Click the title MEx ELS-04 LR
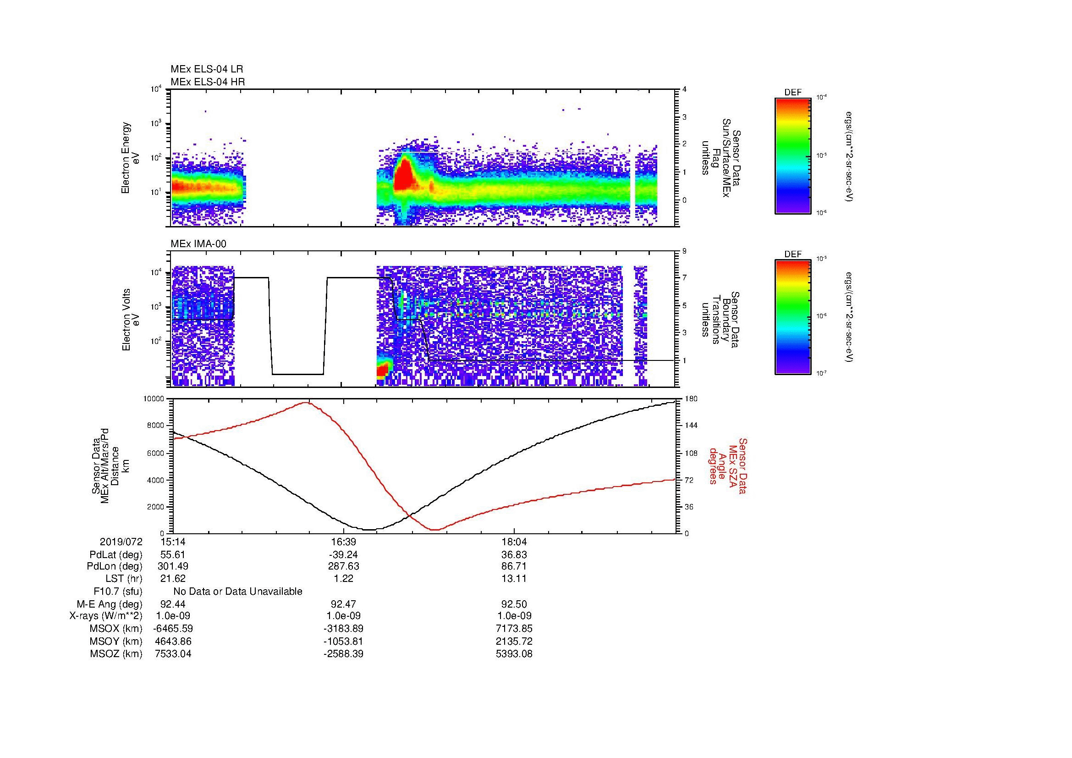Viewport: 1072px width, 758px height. coord(206,69)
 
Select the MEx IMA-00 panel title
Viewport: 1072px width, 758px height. coord(198,244)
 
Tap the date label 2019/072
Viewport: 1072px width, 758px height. coord(121,542)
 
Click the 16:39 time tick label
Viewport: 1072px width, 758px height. coord(343,542)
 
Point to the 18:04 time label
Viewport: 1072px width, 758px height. coord(514,542)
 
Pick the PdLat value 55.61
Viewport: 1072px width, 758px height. coord(173,555)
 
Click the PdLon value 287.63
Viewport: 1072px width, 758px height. coord(343,566)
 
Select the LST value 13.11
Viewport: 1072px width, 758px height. coord(514,579)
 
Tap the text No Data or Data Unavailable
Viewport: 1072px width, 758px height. coord(238,591)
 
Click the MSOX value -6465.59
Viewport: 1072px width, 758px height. coord(173,629)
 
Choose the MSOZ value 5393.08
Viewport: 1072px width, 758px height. coord(514,654)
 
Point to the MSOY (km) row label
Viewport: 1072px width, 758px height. coord(116,641)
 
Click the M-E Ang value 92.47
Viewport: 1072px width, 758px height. coord(343,604)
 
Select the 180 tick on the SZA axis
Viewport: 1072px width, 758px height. coord(691,399)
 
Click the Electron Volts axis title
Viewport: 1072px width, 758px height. coord(126,320)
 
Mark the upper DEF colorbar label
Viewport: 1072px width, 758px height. coord(793,93)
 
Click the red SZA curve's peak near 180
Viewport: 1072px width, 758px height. coord(306,403)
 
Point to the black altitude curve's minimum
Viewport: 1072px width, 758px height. coord(369,530)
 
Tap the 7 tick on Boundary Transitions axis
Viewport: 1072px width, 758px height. coord(684,278)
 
